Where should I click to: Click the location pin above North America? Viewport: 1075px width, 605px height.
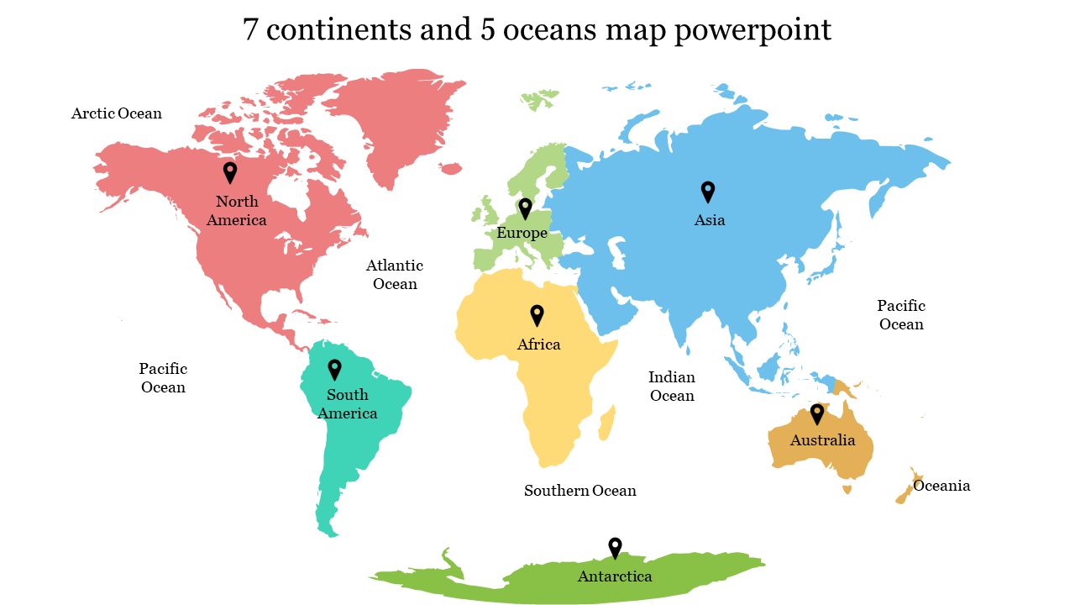click(x=230, y=172)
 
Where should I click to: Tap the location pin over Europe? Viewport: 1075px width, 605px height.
click(x=526, y=208)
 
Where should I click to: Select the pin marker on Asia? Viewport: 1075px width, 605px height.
click(x=708, y=192)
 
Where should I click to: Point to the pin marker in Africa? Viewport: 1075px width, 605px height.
click(x=537, y=315)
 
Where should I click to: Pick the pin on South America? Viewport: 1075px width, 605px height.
click(x=334, y=369)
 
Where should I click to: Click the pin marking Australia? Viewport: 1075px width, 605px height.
click(x=816, y=413)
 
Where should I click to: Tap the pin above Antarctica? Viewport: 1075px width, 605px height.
click(x=615, y=548)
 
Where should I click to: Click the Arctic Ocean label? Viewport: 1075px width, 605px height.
click(x=117, y=113)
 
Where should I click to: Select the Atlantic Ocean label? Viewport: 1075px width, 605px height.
click(x=395, y=275)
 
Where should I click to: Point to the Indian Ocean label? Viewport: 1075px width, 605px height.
click(x=672, y=387)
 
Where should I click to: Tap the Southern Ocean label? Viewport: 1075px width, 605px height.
click(x=580, y=491)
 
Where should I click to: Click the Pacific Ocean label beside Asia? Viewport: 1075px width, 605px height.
click(x=901, y=315)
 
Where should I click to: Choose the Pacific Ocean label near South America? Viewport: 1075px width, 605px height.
click(x=163, y=378)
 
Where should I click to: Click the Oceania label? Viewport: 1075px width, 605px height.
click(x=941, y=486)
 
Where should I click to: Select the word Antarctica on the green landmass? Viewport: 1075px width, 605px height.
click(x=615, y=576)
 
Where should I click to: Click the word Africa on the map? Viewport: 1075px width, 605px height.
click(x=538, y=345)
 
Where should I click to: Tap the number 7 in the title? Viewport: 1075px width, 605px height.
click(x=250, y=30)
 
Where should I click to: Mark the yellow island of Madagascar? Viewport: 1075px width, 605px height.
click(x=607, y=423)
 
